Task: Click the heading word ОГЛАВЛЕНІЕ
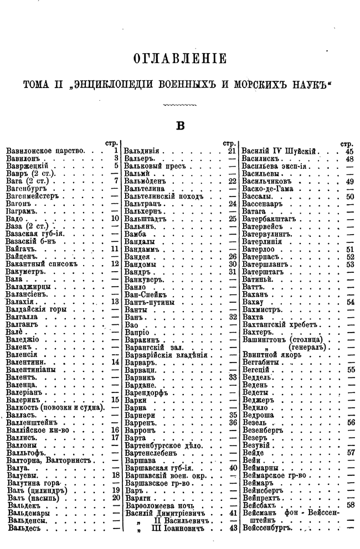(x=179, y=58)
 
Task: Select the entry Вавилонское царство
(x=44, y=150)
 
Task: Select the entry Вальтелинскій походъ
(x=161, y=195)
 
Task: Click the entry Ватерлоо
(x=259, y=249)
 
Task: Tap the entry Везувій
(x=256, y=444)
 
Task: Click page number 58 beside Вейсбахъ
(x=350, y=505)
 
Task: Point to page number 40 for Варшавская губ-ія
(x=233, y=468)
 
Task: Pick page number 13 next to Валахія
(x=115, y=302)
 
